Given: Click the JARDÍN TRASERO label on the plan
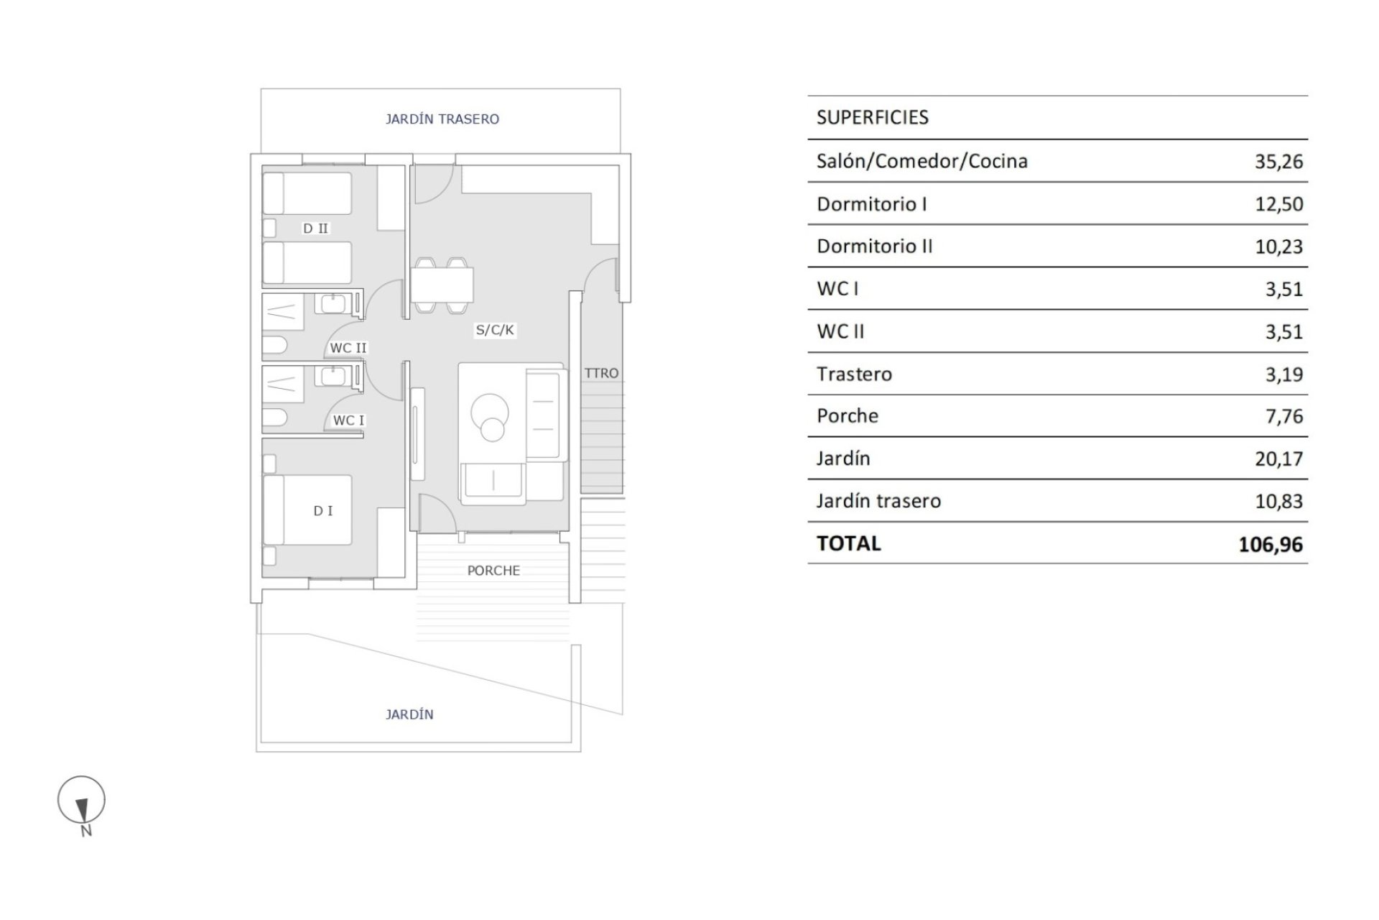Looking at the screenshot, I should tap(442, 119).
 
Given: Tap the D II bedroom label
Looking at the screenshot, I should tap(315, 229).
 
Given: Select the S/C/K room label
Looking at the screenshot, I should tap(495, 330).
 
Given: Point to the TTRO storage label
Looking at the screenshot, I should tap(601, 373).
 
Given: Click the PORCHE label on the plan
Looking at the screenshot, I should tap(493, 571).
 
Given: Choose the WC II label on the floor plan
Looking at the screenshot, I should tap(348, 348).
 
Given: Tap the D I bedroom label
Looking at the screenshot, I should tap(323, 511).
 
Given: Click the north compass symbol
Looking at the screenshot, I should tap(82, 801).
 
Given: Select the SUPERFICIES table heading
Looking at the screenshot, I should tap(872, 118).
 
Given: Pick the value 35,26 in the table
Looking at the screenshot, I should tap(1278, 162).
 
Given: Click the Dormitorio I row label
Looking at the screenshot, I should tap(871, 204).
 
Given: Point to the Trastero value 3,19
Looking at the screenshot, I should tap(1283, 374).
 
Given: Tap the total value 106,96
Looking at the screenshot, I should tap(1270, 545).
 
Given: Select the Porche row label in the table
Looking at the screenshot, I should tap(848, 416).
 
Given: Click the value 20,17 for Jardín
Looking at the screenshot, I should tap(1278, 459).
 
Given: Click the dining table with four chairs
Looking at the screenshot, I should tap(442, 285).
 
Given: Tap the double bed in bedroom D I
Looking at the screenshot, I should tap(308, 510).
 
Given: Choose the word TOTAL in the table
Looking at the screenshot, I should tap(848, 543).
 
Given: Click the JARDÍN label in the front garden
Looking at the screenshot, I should tap(409, 714).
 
